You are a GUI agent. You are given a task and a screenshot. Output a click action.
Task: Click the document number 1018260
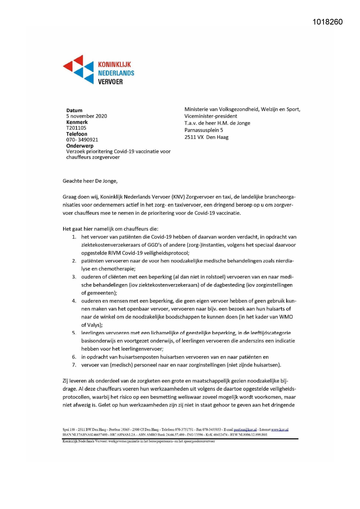(328, 22)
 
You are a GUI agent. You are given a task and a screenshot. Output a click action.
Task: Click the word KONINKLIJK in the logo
(114, 64)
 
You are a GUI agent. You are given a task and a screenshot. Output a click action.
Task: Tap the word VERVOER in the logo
(110, 82)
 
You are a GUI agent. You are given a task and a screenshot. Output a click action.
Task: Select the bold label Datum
(74, 110)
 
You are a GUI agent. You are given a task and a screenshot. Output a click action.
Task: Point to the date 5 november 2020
(86, 116)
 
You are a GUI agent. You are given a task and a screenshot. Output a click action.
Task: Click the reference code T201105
(76, 128)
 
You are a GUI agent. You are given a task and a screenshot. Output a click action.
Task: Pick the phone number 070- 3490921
(82, 140)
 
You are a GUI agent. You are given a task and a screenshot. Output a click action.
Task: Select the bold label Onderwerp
(80, 146)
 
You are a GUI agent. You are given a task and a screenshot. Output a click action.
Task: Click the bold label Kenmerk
(77, 122)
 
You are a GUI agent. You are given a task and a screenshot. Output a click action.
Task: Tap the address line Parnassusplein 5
(204, 130)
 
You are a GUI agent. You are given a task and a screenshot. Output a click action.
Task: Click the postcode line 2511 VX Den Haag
(206, 137)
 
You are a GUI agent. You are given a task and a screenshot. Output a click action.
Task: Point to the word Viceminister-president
(211, 116)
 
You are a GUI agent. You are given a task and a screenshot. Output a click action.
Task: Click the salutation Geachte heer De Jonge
(90, 181)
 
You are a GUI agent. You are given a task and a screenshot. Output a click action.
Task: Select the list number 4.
(74, 301)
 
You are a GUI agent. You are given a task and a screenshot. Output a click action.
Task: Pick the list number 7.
(74, 365)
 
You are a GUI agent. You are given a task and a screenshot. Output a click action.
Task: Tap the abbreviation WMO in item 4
(286, 317)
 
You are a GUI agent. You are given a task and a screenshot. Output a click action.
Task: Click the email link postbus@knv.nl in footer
(245, 429)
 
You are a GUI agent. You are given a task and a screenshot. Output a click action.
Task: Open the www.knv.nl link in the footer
(280, 429)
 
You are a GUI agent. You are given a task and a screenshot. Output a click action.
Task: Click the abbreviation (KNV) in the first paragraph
(178, 197)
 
